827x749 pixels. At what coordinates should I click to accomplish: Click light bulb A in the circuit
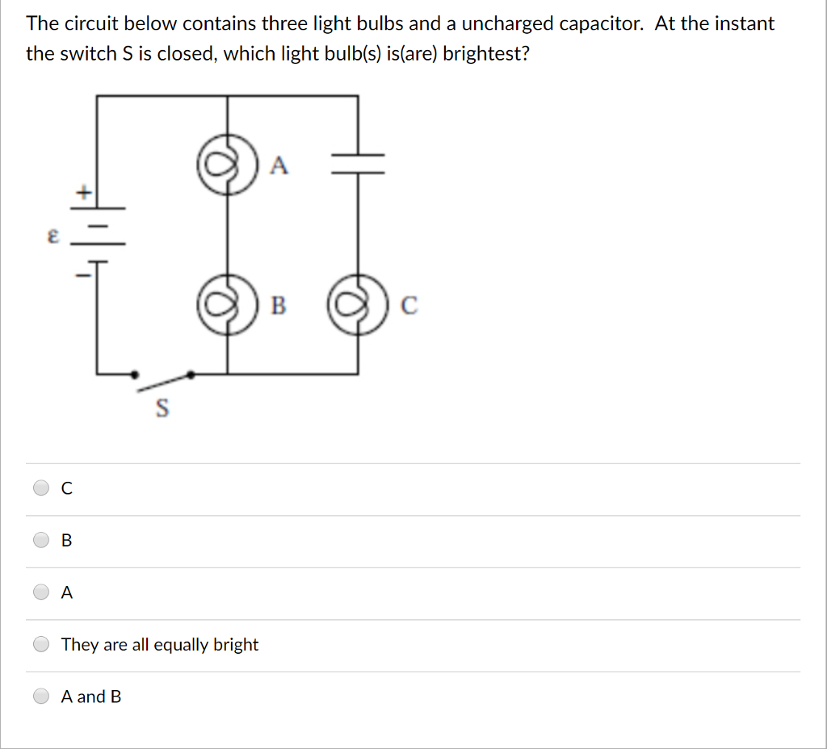coord(226,165)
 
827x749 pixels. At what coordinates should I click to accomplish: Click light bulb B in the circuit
coord(226,305)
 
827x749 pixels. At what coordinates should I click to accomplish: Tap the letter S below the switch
coord(162,409)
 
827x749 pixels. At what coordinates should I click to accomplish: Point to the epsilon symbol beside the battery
coord(52,236)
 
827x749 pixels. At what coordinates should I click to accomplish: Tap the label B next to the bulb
coord(278,306)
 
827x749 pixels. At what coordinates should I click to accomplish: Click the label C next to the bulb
coord(409,306)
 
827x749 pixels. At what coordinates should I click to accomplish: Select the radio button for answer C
coord(41,487)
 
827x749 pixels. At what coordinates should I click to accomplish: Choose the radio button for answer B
coord(41,540)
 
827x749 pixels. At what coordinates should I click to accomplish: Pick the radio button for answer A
coord(41,592)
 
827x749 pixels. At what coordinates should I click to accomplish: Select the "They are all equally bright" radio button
coord(41,644)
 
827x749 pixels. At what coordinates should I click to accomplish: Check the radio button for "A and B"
coord(41,696)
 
